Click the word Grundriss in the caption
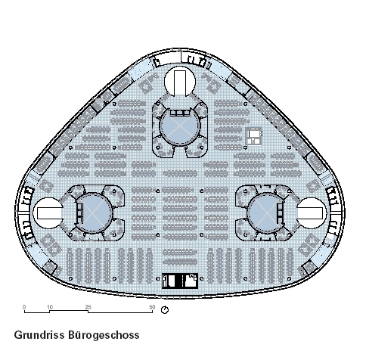click(39, 335)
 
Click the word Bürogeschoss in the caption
click(104, 335)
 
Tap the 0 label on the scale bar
click(24, 307)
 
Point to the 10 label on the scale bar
click(50, 307)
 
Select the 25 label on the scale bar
click(88, 307)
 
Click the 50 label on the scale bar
click(152, 307)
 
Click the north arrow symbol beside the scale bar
click(165, 310)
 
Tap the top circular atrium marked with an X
click(179, 127)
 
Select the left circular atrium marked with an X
click(94, 213)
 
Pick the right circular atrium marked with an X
click(265, 213)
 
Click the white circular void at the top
click(180, 81)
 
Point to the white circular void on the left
click(48, 213)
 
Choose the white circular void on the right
click(312, 213)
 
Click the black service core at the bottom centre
click(180, 281)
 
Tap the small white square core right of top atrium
click(253, 136)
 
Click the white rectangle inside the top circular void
click(180, 83)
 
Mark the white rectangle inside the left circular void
click(49, 213)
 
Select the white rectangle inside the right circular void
click(310, 213)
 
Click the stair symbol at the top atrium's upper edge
click(179, 113)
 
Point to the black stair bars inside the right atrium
click(280, 213)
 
